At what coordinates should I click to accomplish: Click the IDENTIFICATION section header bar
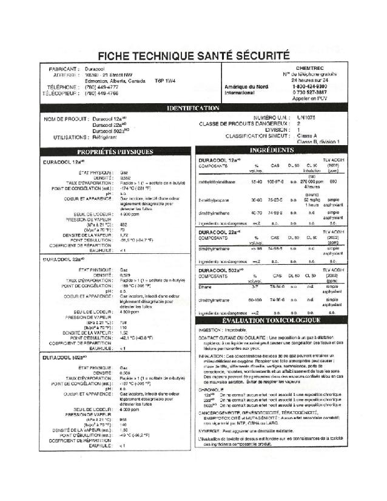(x=193, y=108)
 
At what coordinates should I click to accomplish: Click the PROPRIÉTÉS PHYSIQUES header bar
(x=115, y=151)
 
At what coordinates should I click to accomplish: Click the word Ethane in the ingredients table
(x=206, y=286)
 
